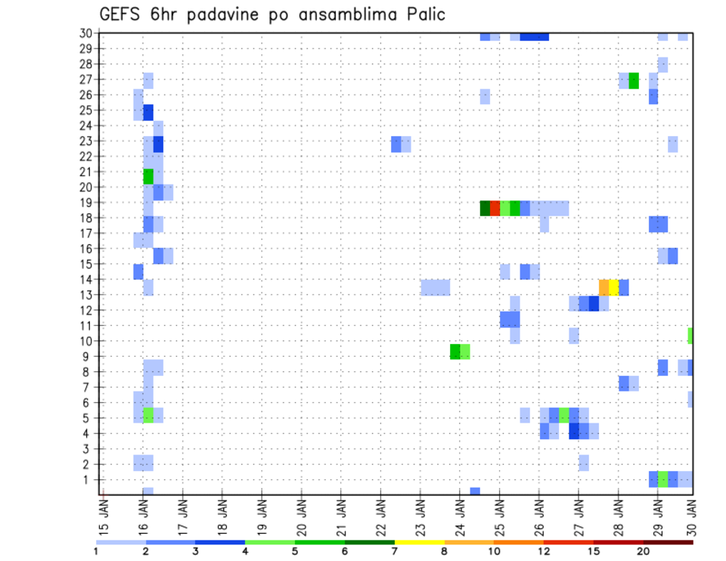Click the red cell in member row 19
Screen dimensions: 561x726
coord(495,208)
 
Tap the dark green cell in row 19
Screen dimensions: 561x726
coord(485,208)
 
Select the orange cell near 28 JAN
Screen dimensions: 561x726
coord(603,287)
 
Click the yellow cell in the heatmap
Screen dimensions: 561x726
coord(613,287)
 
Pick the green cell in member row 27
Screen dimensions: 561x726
coord(634,80)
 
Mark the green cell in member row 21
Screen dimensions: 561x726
coord(148,176)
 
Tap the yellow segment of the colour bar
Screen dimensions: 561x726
coord(420,542)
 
